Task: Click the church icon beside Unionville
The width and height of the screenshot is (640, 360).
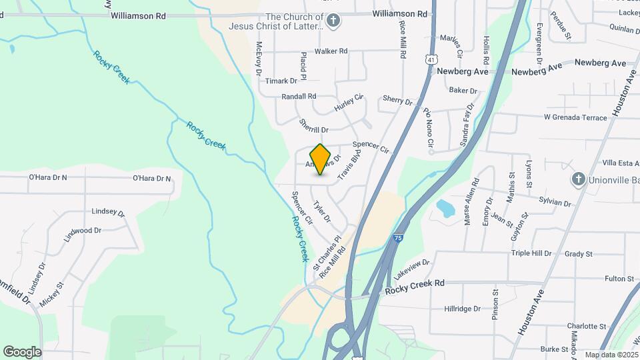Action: [578, 179]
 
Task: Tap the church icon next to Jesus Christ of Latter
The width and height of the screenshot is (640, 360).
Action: [334, 21]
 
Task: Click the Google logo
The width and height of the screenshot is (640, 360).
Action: [23, 351]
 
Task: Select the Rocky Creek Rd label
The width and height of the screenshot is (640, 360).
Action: [415, 283]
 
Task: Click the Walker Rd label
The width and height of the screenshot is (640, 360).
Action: [331, 51]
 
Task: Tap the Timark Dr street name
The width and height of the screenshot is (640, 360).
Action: [281, 81]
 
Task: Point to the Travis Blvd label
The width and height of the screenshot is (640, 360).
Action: [349, 165]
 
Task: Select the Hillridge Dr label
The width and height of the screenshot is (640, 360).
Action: [463, 309]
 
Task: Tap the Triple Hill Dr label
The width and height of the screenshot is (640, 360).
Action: [531, 253]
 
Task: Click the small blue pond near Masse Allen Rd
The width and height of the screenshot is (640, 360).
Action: [444, 209]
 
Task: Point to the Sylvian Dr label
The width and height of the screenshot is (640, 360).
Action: [554, 203]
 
